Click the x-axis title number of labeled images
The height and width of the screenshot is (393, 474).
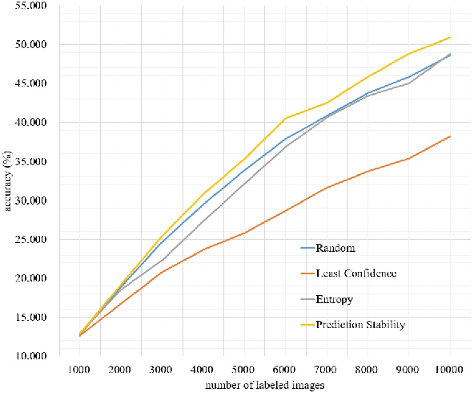coord(265,385)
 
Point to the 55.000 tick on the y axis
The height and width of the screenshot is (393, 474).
coord(30,6)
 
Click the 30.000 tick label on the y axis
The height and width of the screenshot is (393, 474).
coord(30,201)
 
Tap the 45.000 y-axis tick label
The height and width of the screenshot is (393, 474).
coord(30,83)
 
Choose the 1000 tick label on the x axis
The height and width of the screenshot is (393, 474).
coord(80,370)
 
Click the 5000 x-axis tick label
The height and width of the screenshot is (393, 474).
coord(244,370)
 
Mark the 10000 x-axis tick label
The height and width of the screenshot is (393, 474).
coord(449,370)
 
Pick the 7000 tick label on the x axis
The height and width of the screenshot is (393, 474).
coord(326,370)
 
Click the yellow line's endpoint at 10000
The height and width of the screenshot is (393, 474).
coord(449,37)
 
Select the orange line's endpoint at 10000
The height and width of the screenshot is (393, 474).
coord(449,136)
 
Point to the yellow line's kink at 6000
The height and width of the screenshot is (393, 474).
coord(285,118)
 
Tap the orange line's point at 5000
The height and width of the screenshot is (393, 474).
coord(244,233)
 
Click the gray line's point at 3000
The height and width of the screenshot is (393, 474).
coord(162,260)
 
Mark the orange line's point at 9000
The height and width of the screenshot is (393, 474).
coord(408,158)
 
